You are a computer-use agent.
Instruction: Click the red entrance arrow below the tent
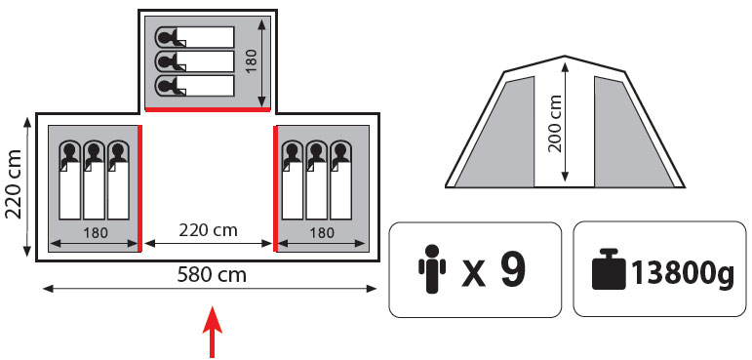pyautogui.click(x=212, y=332)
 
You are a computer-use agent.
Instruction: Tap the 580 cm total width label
pyautogui.click(x=212, y=275)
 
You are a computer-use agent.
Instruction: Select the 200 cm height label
pyautogui.click(x=555, y=124)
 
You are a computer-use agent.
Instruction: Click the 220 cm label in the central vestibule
pyautogui.click(x=208, y=230)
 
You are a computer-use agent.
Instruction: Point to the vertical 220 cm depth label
pyautogui.click(x=14, y=184)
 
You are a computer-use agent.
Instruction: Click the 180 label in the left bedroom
pyautogui.click(x=96, y=233)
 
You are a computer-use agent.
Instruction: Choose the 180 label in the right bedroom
pyautogui.click(x=321, y=233)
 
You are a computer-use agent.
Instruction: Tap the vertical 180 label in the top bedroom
pyautogui.click(x=252, y=60)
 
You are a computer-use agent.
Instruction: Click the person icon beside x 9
pyautogui.click(x=432, y=269)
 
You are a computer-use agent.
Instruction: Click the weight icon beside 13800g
pyautogui.click(x=609, y=269)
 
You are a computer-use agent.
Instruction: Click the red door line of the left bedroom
pyautogui.click(x=139, y=188)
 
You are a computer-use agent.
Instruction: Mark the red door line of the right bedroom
pyautogui.click(x=275, y=188)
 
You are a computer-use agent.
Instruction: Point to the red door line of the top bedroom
pyautogui.click(x=208, y=109)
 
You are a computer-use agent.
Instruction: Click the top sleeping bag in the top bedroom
pyautogui.click(x=195, y=37)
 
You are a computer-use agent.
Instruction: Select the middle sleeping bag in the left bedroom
pyautogui.click(x=94, y=180)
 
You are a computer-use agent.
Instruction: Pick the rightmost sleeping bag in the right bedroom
pyautogui.click(x=340, y=180)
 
